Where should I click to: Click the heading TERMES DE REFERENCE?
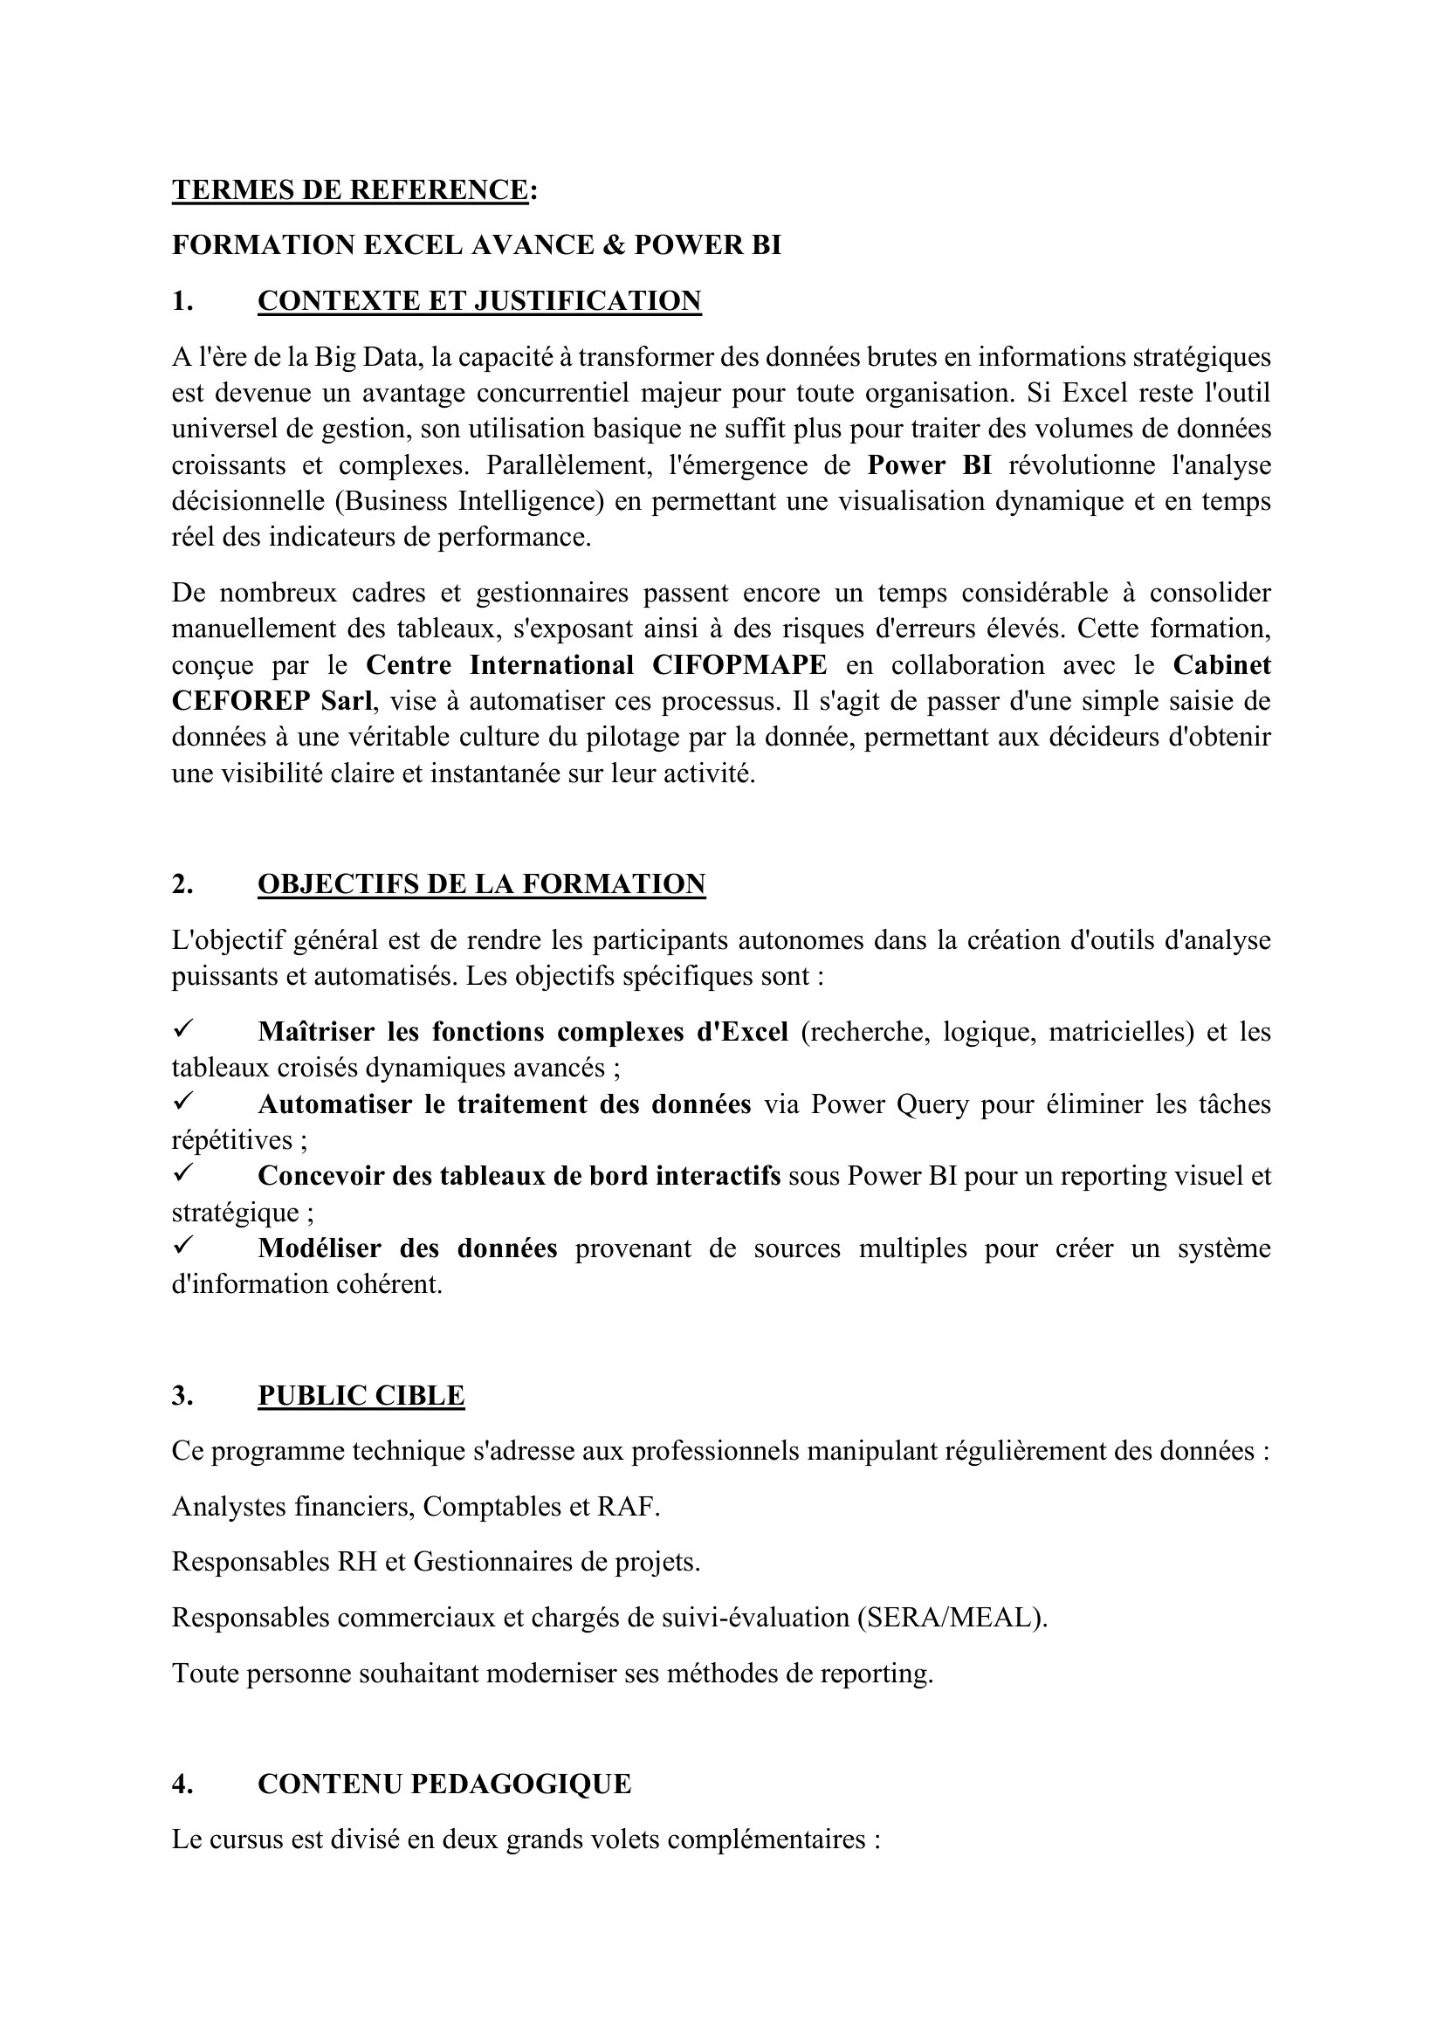[x=350, y=190]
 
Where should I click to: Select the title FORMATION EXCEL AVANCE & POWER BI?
[x=476, y=245]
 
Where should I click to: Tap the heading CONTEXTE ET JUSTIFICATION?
[x=479, y=301]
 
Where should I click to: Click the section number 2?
[x=182, y=884]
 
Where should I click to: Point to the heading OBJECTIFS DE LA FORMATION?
[x=481, y=884]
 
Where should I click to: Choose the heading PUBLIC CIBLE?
[x=361, y=1395]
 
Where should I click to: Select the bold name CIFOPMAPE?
[x=739, y=665]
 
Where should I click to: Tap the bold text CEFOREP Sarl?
[x=272, y=702]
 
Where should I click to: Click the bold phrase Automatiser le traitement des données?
[x=504, y=1104]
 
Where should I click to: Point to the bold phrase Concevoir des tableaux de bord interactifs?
[x=519, y=1177]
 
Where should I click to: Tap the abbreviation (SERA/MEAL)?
[x=952, y=1618]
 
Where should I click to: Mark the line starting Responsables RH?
[x=436, y=1563]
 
